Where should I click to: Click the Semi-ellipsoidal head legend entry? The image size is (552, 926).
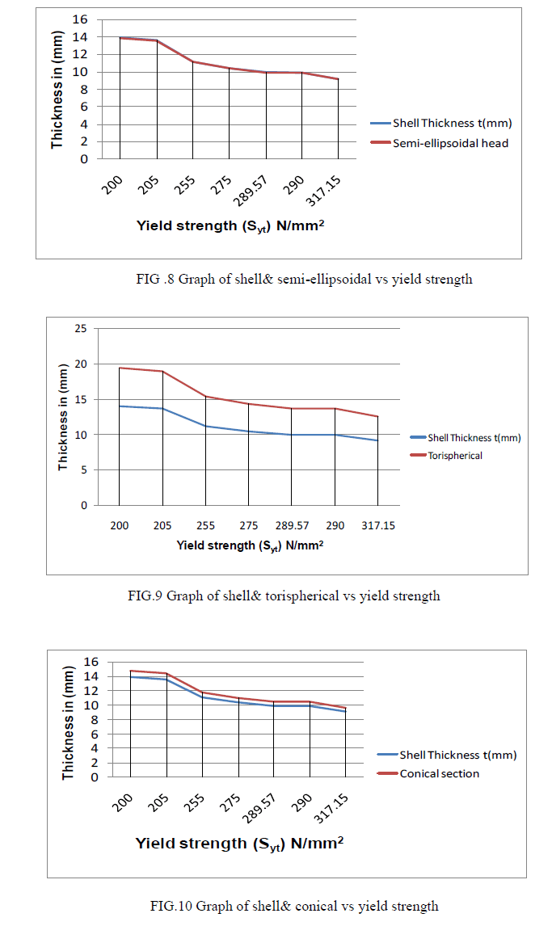coord(450,144)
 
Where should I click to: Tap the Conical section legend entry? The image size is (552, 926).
coord(439,773)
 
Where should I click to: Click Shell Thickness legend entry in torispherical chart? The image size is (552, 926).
coord(474,437)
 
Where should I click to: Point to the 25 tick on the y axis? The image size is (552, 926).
coord(79,329)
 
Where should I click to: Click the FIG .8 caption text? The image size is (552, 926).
coord(304,280)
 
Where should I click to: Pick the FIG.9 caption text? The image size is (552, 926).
coord(284,596)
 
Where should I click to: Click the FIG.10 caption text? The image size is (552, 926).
coord(293,905)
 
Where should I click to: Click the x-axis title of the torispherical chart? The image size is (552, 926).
coord(250,545)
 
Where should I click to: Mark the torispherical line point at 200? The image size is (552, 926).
coord(120,368)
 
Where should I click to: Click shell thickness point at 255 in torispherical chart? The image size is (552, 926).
coord(205,426)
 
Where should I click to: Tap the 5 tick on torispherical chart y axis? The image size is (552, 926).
coord(83,469)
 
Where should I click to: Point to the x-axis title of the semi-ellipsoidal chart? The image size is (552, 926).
coord(230,225)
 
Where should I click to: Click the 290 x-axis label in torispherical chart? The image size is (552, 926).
coord(335,525)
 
